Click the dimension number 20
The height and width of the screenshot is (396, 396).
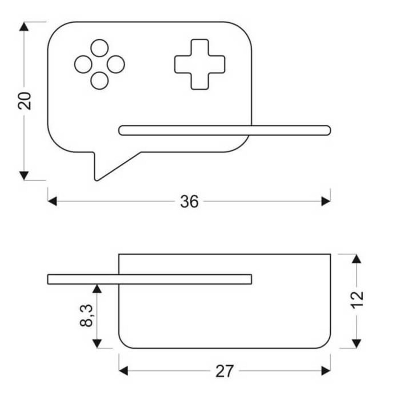[x=25, y=101]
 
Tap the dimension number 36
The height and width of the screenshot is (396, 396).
[x=189, y=201]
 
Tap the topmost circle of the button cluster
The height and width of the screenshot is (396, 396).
[x=99, y=48]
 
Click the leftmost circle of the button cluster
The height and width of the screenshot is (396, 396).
[x=83, y=64]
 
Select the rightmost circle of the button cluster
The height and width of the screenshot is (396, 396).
[x=116, y=64]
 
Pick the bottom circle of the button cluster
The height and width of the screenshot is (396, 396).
[x=99, y=81]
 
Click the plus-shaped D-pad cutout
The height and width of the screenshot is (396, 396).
[x=200, y=64]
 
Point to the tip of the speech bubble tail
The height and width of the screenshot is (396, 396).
[x=96, y=181]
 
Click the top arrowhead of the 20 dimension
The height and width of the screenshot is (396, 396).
[x=24, y=26]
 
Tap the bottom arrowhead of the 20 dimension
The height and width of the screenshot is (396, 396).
[x=24, y=175]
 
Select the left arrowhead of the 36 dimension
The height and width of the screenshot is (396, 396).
[x=52, y=201]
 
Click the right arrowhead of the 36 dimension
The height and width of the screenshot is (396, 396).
[x=326, y=201]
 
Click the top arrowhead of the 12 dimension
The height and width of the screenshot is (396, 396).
[x=356, y=259]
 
